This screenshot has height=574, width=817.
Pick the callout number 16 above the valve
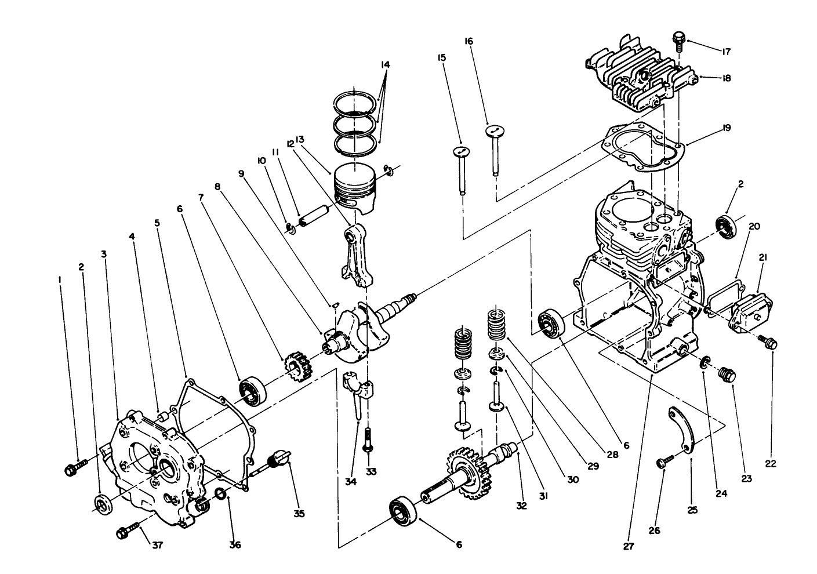pyautogui.click(x=469, y=41)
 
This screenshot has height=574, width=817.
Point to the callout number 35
pyautogui.click(x=299, y=513)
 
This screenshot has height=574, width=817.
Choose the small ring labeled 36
pyautogui.click(x=222, y=493)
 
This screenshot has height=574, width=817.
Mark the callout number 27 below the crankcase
pyautogui.click(x=629, y=546)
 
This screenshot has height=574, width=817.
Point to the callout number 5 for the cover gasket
pyautogui.click(x=157, y=223)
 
